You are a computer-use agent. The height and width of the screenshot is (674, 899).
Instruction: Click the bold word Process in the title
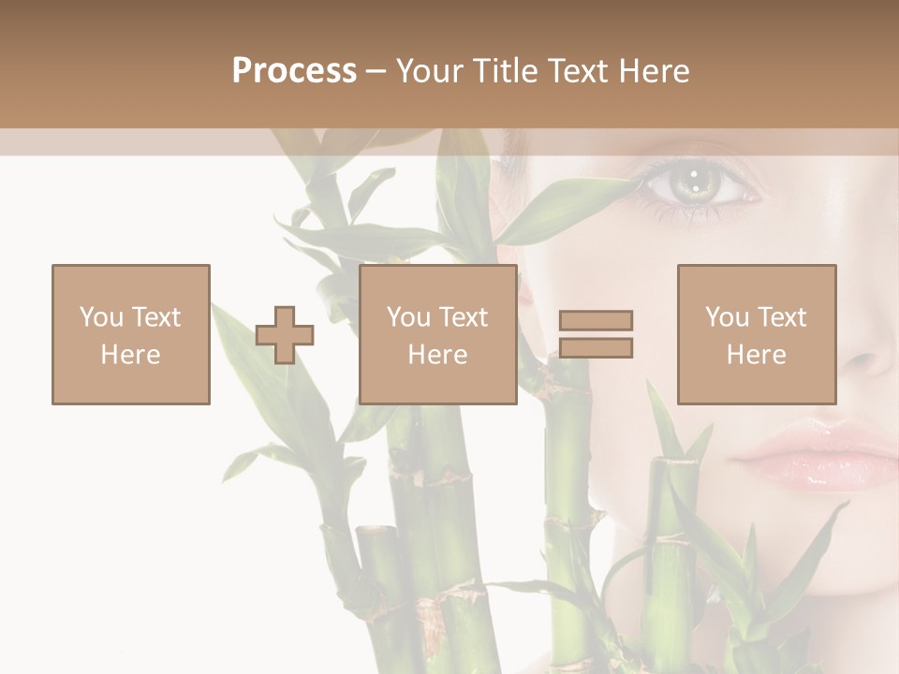point(294,71)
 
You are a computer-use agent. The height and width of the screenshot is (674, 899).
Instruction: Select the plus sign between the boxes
point(285,335)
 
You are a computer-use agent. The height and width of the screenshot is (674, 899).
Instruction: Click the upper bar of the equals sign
point(596,321)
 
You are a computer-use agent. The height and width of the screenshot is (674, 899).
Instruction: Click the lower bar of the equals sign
point(596,347)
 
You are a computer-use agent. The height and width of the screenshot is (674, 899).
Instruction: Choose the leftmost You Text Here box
point(131,334)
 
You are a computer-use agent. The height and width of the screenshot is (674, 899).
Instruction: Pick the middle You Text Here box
point(438,334)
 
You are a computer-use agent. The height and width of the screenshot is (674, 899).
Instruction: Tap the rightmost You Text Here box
point(757,334)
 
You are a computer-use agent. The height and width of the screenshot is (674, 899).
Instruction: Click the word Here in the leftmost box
point(130,355)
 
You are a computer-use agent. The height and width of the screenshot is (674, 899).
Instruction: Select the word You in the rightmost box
point(727,317)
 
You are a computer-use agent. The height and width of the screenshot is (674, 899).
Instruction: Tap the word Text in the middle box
point(463,317)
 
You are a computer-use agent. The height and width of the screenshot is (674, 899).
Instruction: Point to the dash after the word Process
point(376,72)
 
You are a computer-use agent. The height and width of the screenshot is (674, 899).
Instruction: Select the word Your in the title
point(429,71)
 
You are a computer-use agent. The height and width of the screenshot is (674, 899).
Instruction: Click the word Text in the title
point(572,71)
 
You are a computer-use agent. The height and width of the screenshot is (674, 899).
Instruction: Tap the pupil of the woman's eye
point(694,177)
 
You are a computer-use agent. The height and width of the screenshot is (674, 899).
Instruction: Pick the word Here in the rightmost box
point(757,355)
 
